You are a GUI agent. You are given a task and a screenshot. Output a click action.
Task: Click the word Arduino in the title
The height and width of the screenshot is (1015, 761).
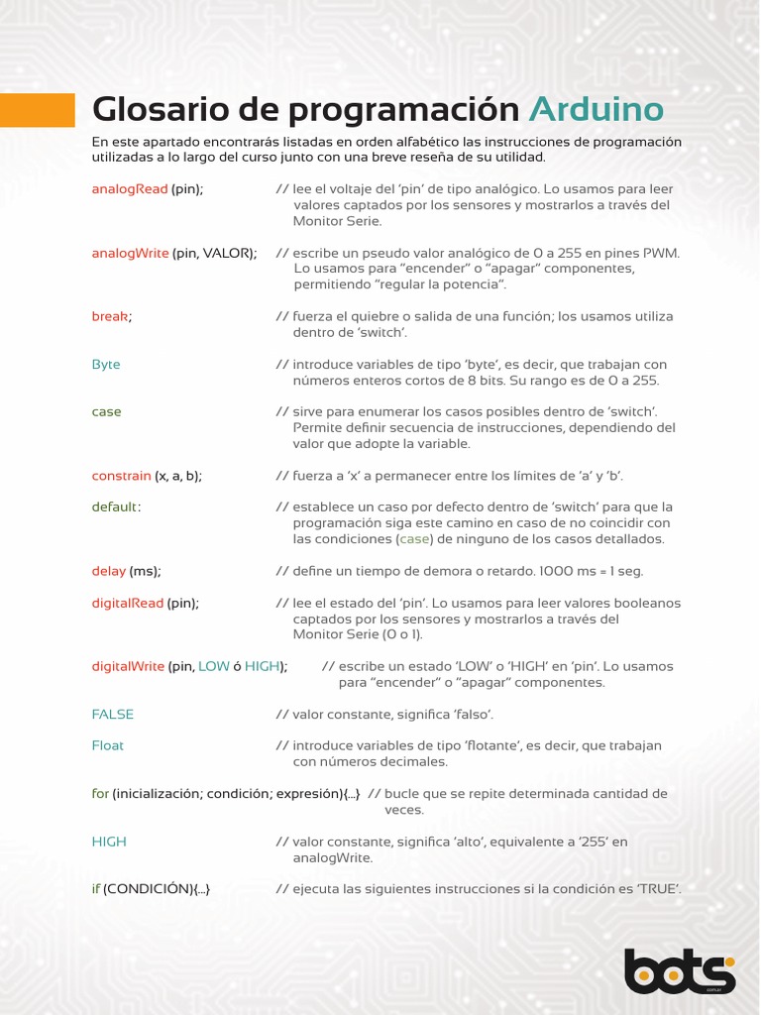pyautogui.click(x=596, y=110)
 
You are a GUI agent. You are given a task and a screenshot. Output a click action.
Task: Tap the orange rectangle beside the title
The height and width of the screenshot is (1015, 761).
pyautogui.click(x=38, y=110)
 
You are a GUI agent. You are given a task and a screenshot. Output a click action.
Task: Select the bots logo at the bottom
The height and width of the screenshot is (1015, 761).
pyautogui.click(x=680, y=970)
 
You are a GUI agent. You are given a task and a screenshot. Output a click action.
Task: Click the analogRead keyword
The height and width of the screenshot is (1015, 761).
pyautogui.click(x=130, y=188)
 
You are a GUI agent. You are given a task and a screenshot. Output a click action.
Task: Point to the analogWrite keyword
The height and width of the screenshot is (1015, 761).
pyautogui.click(x=131, y=253)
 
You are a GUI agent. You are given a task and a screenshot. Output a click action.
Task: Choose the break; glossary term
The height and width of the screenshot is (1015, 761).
pyautogui.click(x=112, y=316)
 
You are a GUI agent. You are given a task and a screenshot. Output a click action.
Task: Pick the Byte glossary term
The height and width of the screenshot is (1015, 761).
pyautogui.click(x=106, y=364)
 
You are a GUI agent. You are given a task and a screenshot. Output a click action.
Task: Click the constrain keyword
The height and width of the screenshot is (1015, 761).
pyautogui.click(x=122, y=476)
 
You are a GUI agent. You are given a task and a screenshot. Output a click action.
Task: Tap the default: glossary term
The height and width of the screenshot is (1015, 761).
pyautogui.click(x=116, y=507)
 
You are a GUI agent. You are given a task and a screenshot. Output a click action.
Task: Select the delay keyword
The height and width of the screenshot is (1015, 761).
pyautogui.click(x=109, y=571)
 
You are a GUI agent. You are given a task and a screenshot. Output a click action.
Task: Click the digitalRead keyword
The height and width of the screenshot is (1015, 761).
pyautogui.click(x=128, y=603)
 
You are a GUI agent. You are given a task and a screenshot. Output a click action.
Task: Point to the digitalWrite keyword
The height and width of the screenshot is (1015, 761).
pyautogui.click(x=129, y=666)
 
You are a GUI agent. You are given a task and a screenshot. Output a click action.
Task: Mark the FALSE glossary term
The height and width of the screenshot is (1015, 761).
pyautogui.click(x=113, y=714)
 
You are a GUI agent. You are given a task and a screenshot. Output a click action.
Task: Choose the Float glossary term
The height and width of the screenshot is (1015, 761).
pyautogui.click(x=108, y=745)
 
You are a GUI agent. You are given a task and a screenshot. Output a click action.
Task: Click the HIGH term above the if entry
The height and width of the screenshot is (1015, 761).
pyautogui.click(x=109, y=842)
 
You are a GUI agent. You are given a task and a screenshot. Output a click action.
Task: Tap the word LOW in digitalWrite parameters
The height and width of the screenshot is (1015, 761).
pyautogui.click(x=214, y=666)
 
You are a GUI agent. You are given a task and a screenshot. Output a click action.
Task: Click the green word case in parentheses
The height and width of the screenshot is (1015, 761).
pyautogui.click(x=415, y=539)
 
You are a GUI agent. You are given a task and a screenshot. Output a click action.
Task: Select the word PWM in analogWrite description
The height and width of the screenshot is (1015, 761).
pyautogui.click(x=662, y=253)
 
